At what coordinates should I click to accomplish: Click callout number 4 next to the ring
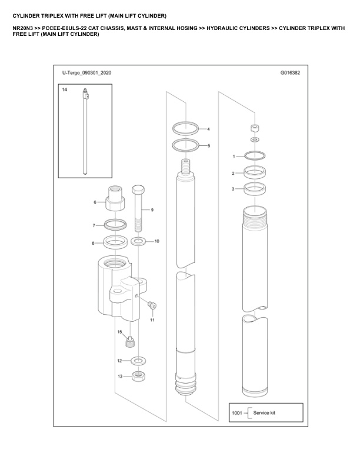208,129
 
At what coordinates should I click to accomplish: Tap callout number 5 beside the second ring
209,146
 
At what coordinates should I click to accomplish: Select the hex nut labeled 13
138,377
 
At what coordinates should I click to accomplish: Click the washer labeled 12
138,361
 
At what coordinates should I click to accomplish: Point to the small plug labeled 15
129,341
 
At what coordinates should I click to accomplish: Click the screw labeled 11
152,305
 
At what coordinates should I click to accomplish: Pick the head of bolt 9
138,189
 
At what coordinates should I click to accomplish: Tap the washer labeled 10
138,241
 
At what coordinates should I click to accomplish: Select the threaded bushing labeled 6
115,198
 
